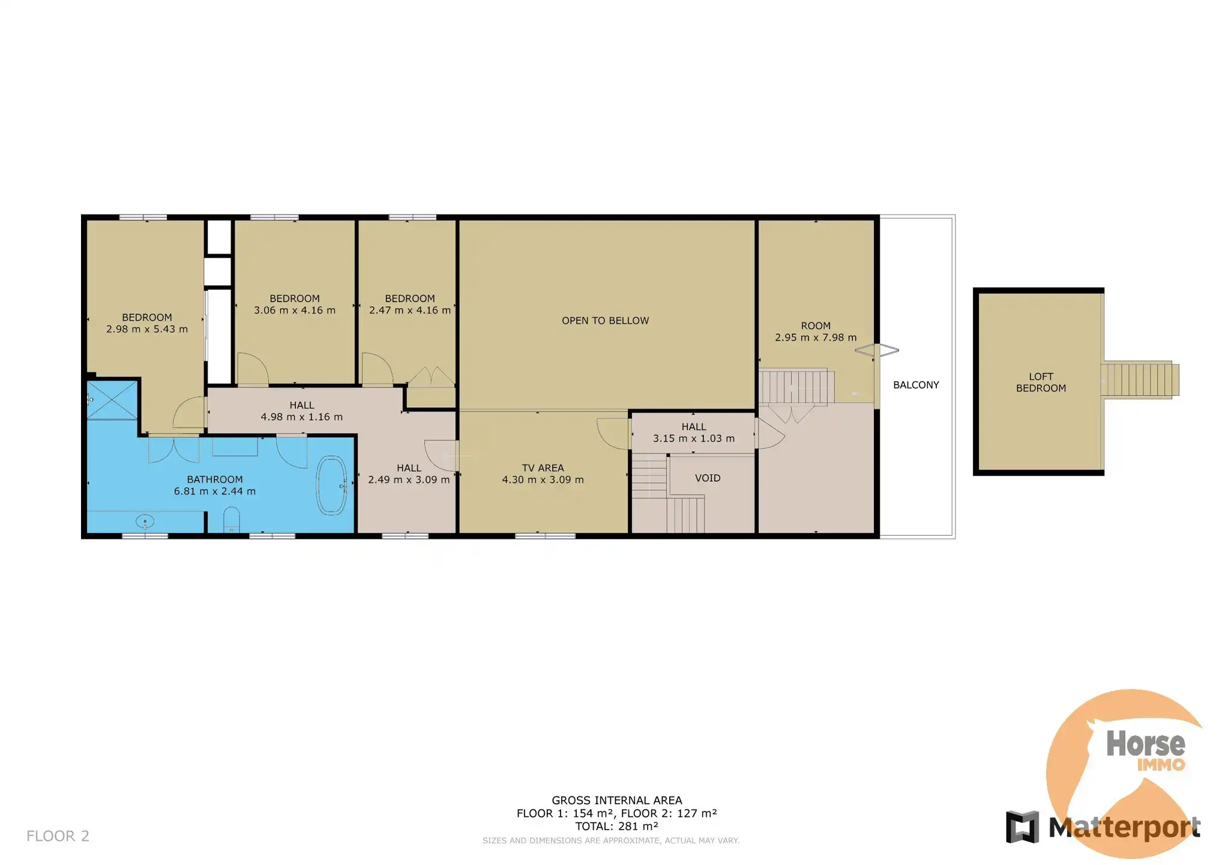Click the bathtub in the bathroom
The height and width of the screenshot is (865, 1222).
332,486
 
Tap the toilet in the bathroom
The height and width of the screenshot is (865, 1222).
232,520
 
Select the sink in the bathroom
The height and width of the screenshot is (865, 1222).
145,521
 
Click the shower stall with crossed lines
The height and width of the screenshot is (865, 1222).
112,399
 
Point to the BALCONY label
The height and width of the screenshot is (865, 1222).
916,385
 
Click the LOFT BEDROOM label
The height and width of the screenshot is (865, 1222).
1041,383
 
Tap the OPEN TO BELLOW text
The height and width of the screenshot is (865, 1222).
605,321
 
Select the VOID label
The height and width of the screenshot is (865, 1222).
708,478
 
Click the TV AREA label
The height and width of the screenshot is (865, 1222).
543,468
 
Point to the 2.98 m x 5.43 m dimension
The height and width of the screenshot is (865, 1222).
147,329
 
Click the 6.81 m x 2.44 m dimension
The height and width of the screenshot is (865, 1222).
215,491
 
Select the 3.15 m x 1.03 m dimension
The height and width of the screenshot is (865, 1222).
694,439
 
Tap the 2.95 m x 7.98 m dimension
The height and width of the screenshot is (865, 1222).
816,338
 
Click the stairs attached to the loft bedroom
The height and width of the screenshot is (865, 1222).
1139,378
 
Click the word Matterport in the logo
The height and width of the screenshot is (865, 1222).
1124,828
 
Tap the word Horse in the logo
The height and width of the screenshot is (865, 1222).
1145,744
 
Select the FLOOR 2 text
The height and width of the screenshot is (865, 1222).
58,836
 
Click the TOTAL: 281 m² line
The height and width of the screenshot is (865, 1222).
616,827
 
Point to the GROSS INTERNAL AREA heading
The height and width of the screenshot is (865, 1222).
617,800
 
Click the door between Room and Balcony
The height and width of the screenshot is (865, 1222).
877,350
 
